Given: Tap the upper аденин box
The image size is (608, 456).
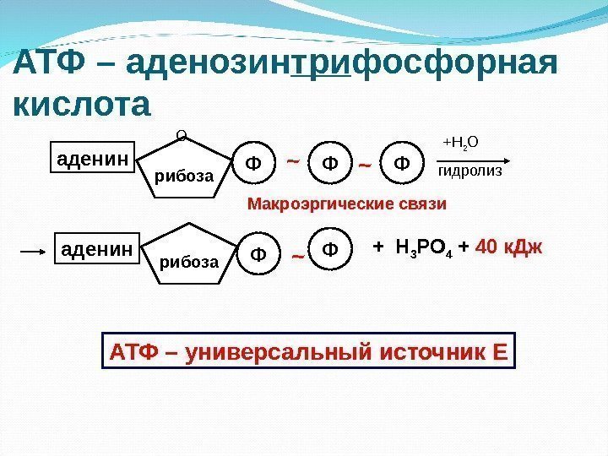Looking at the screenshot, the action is coord(90,157).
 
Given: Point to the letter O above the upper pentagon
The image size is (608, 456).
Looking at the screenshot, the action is coord(179,133).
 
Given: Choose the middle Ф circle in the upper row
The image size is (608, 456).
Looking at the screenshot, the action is coord(328,161).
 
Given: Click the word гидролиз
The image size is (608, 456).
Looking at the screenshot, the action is coord(470,171).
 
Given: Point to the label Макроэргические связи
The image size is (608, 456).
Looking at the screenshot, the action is coord(346,205).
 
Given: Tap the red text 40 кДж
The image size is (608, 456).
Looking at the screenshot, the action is coord(509,248).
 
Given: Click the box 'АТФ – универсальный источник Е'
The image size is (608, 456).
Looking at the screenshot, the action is coord(308,351).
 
